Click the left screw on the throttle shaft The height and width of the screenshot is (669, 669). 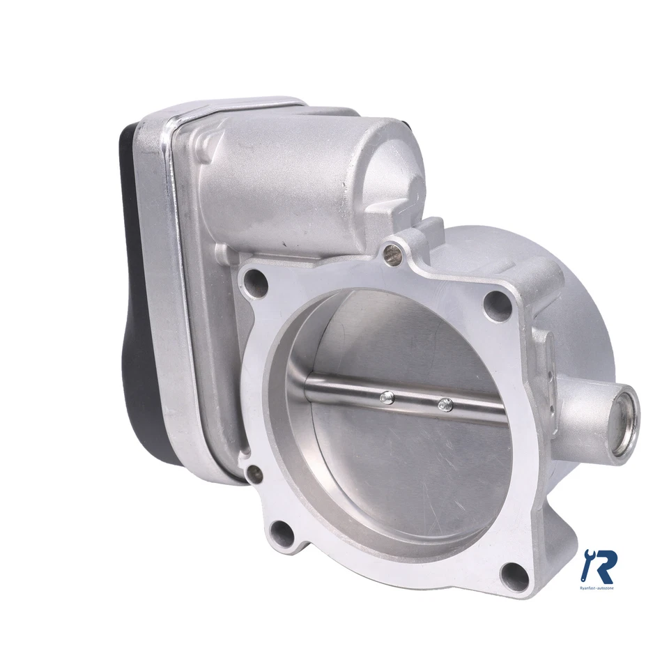(387, 398)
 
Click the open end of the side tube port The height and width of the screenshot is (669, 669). (622, 422)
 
